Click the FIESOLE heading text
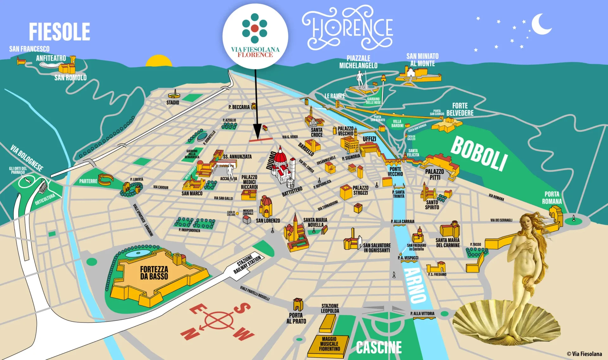click(x=60, y=31)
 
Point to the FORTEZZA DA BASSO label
click(x=154, y=273)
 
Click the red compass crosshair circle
click(x=218, y=320)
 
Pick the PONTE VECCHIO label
click(x=395, y=171)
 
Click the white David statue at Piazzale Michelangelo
click(x=360, y=79)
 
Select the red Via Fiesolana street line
click(x=261, y=139)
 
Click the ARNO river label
click(x=415, y=285)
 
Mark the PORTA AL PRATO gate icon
click(x=298, y=305)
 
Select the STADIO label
click(x=173, y=103)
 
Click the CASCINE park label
click(x=379, y=348)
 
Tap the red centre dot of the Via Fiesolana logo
click(x=255, y=28)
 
